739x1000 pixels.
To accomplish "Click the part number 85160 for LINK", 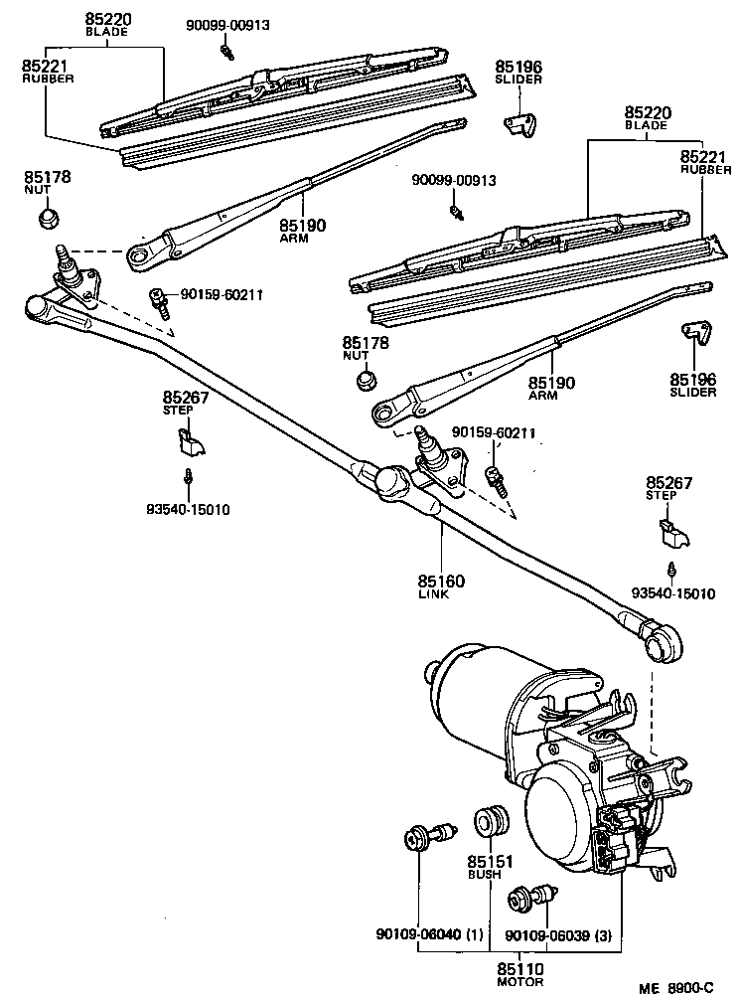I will click(441, 581).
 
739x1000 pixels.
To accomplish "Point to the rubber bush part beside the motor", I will click(492, 820).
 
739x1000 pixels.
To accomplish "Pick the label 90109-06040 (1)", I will click(429, 935).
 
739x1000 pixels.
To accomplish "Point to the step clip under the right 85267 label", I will click(671, 532).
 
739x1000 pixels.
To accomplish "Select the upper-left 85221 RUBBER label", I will click(48, 71).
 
